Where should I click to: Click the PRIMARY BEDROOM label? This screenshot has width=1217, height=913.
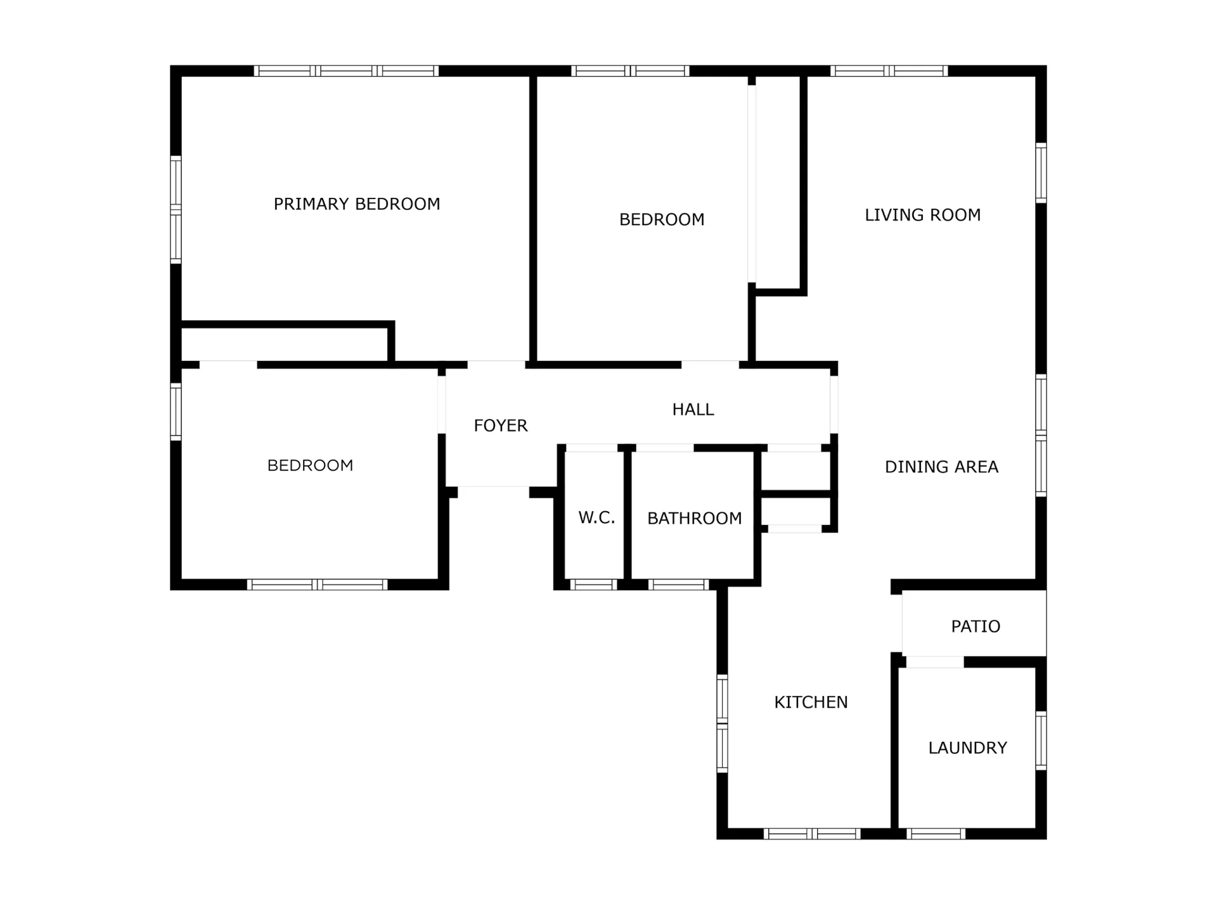coord(357,204)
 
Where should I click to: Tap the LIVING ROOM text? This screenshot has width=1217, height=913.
coord(923,216)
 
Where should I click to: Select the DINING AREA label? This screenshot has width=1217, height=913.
coord(941,467)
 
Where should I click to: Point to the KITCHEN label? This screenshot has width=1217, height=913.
coord(811,703)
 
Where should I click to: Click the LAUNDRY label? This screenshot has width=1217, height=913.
coord(967,748)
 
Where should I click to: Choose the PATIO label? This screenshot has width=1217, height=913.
coord(976,626)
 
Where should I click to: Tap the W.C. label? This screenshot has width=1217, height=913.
coord(596,518)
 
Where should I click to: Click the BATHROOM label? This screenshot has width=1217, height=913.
coord(694,519)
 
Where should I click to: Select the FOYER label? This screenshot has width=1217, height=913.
coord(501,425)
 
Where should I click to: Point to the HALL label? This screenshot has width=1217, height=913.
coord(693,410)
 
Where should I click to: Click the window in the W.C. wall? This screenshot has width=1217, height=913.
coord(593,585)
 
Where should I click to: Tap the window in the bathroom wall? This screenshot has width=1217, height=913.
coord(678,585)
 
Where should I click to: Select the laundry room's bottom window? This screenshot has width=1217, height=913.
coord(936,834)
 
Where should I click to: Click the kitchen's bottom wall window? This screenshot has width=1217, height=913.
coord(812,834)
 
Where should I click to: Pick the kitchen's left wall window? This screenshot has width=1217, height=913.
coord(722,723)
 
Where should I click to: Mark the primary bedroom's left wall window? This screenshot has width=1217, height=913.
coord(176,209)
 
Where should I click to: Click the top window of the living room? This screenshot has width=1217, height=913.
coord(889,71)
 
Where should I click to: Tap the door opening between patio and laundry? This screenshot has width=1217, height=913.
coord(935,662)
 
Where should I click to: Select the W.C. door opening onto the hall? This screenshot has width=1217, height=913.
coord(591,448)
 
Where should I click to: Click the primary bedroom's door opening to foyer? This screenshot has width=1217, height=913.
coord(496,365)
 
